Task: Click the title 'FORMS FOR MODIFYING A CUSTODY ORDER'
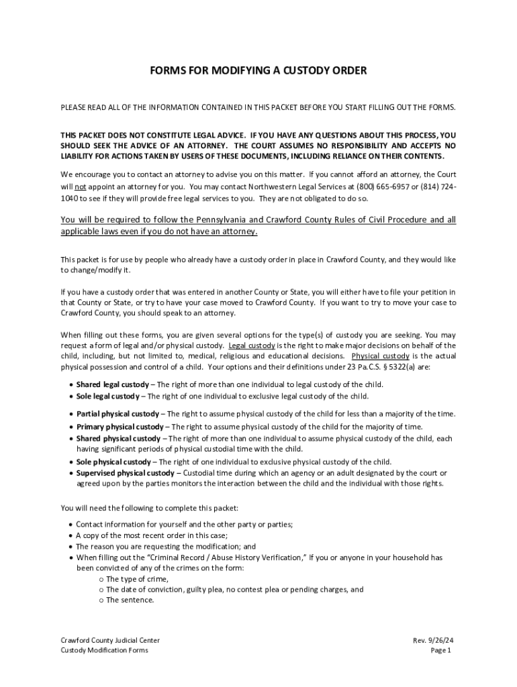[x=258, y=70]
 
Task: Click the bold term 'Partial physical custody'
[x=117, y=414]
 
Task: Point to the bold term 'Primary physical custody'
[x=120, y=427]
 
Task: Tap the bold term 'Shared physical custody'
[x=118, y=438]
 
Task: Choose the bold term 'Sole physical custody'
[x=113, y=462]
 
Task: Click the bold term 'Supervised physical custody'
[x=125, y=473]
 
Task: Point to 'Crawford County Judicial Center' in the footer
[x=110, y=640]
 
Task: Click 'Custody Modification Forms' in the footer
[x=104, y=650]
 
